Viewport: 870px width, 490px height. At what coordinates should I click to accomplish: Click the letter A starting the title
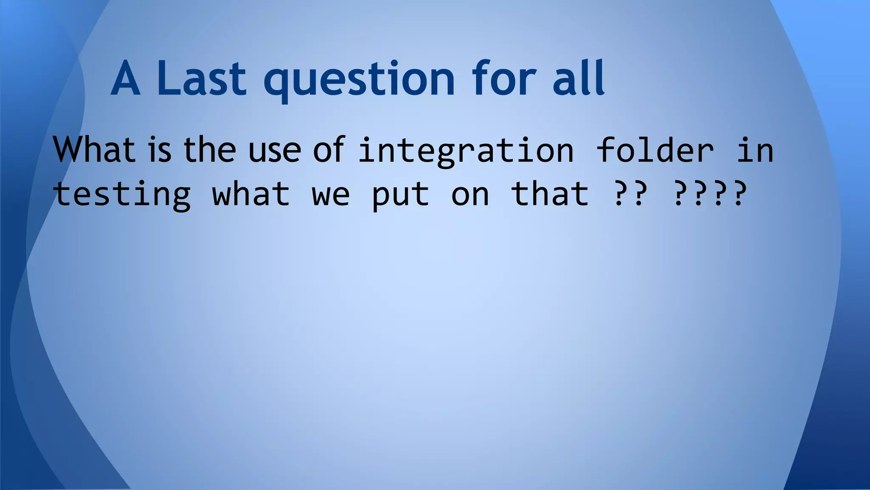pyautogui.click(x=125, y=79)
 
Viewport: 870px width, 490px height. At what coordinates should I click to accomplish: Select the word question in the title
pyautogui.click(x=359, y=81)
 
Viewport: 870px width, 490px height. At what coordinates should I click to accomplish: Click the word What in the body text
pyautogui.click(x=94, y=150)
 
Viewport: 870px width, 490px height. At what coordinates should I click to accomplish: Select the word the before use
pyautogui.click(x=209, y=150)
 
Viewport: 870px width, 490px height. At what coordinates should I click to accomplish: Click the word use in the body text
pyautogui.click(x=274, y=151)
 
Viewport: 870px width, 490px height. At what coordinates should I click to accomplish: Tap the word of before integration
pyautogui.click(x=328, y=150)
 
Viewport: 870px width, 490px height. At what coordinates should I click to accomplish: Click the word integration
pyautogui.click(x=466, y=151)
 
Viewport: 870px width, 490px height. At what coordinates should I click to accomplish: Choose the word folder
pyautogui.click(x=655, y=150)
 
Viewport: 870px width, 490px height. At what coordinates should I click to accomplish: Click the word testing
pyautogui.click(x=122, y=195)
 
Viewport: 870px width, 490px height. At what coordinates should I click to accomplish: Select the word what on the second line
pyautogui.click(x=251, y=194)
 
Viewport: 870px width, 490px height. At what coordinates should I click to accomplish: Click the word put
pyautogui.click(x=401, y=196)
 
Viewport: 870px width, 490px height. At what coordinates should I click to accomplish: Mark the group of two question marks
pyautogui.click(x=631, y=194)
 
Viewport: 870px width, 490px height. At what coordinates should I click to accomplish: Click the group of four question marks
pyautogui.click(x=710, y=194)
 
